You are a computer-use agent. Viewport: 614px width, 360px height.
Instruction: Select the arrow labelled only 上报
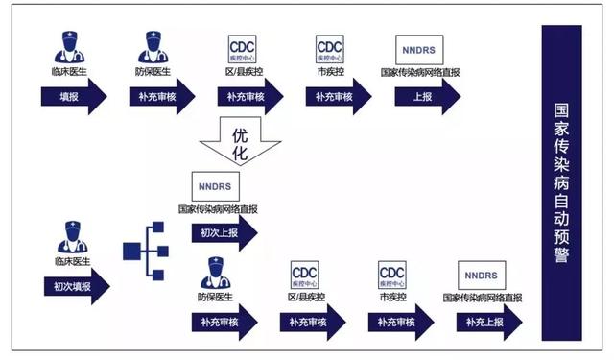click(421, 97)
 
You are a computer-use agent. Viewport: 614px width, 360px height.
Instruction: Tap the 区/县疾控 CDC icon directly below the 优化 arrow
click(304, 276)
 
